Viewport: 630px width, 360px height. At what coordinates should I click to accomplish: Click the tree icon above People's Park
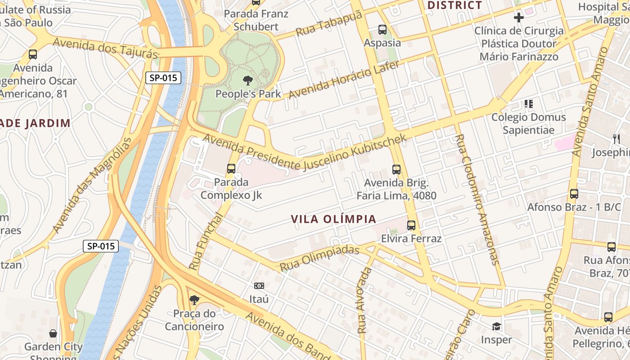click(x=247, y=81)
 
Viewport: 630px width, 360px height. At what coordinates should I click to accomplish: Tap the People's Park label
click(x=248, y=94)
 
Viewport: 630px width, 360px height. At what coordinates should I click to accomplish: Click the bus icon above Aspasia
click(x=382, y=30)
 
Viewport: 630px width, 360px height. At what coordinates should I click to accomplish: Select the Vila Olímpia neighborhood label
click(x=333, y=219)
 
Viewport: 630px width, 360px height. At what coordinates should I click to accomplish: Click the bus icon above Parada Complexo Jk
click(x=231, y=169)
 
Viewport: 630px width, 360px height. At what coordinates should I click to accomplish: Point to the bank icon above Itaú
click(x=259, y=286)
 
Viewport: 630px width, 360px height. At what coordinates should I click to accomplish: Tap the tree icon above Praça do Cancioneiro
click(x=194, y=300)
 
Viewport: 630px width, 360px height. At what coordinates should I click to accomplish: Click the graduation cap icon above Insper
click(x=496, y=326)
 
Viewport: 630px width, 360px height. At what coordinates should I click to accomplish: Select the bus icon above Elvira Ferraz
click(x=411, y=225)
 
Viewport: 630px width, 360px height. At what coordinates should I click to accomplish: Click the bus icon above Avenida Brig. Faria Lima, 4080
click(x=396, y=170)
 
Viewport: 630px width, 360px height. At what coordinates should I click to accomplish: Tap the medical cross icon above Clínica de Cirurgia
click(x=519, y=18)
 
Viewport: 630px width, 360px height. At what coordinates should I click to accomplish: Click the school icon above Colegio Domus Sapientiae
click(x=528, y=104)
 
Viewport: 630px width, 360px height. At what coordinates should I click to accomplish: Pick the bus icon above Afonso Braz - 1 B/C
click(x=574, y=194)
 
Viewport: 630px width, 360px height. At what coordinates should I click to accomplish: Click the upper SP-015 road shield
click(x=163, y=78)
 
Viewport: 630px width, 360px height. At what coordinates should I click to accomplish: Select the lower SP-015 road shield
click(x=101, y=246)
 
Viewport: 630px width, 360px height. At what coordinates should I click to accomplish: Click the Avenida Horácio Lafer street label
click(x=344, y=80)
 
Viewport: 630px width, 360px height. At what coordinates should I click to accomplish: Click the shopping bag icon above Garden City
click(x=53, y=333)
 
